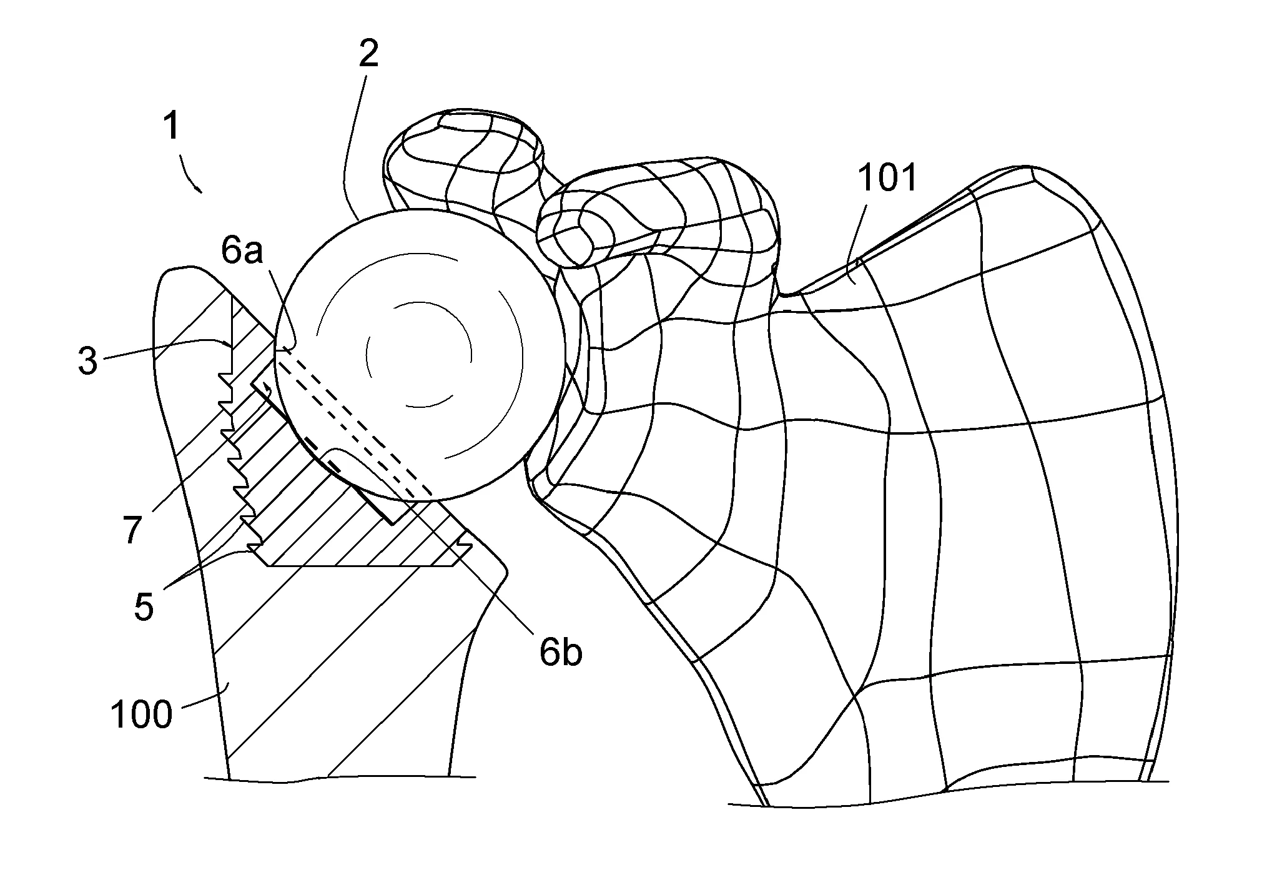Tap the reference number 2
pyautogui.click(x=368, y=54)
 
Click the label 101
pyautogui.click(x=887, y=178)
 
